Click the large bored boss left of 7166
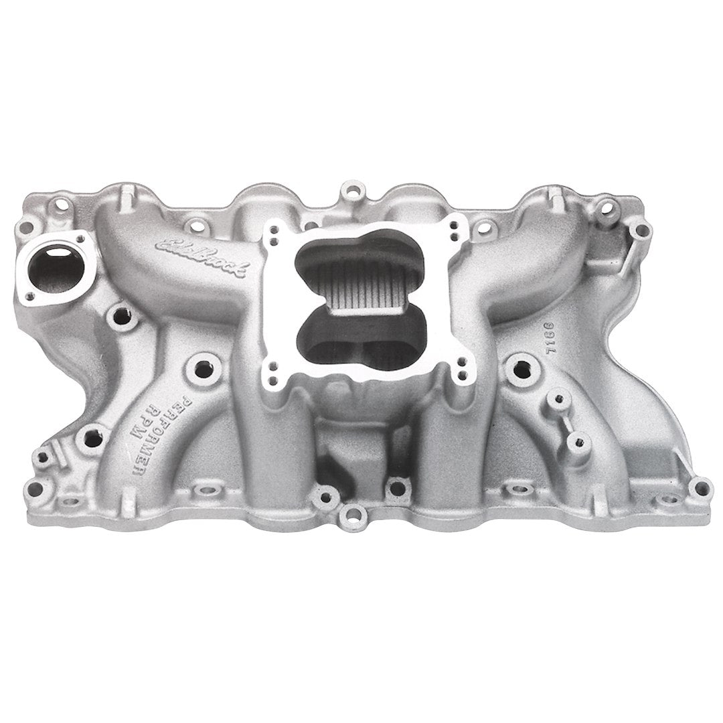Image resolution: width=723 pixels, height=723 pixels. point(519,366)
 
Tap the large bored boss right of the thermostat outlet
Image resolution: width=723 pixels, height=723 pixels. point(121,314)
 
